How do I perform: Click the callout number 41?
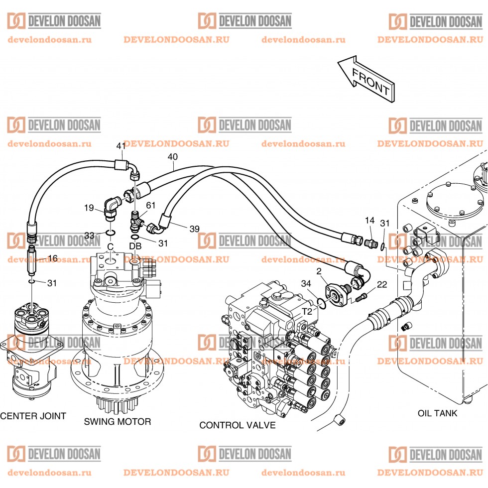tap(121, 146)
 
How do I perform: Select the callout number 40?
tap(172, 157)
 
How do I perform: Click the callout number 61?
tap(150, 205)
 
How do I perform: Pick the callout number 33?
tap(89, 235)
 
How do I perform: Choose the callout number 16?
tap(53, 258)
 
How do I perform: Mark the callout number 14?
tap(369, 220)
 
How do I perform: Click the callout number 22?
tap(382, 284)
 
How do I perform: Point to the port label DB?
tap(135, 246)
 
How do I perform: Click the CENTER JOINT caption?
tap(33, 416)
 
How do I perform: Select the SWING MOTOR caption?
tap(117, 422)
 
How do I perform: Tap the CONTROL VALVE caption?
tap(237, 425)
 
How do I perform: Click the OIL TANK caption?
tap(437, 413)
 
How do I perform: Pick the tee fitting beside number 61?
tap(136, 219)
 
